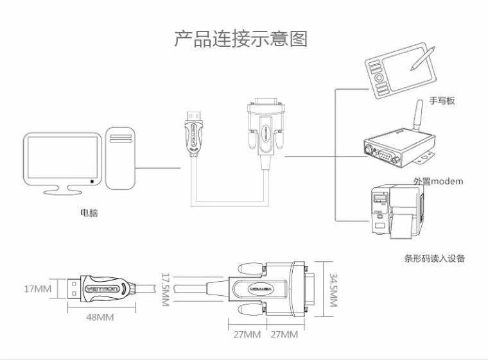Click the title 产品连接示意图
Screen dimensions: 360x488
point(241,39)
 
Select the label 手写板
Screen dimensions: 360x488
point(442,101)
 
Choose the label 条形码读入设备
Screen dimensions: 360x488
point(434,259)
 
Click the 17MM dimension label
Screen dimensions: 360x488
point(37,289)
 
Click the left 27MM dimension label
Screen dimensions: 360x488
point(247,335)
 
